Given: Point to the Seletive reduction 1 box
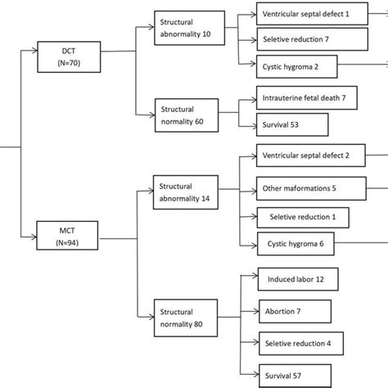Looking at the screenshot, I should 301,217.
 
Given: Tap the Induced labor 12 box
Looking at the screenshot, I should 296,279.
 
